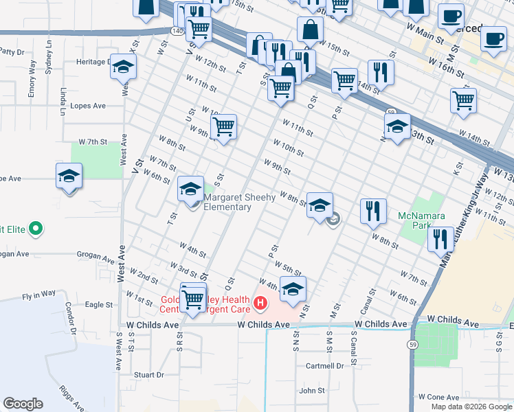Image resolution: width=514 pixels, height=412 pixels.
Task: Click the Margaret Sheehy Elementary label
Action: coord(239,202)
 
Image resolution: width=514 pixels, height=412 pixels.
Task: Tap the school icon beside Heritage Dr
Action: coord(124,67)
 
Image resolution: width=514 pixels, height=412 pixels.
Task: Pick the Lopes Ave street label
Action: coord(89,106)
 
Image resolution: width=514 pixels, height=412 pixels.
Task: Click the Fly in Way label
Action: coord(38,293)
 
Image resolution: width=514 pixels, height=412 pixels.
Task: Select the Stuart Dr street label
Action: coord(149,375)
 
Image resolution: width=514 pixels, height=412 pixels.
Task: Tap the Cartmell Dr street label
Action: coord(325,366)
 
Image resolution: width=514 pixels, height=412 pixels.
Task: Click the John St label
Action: coord(311,391)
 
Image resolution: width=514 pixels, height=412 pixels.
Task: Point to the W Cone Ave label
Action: coord(438,398)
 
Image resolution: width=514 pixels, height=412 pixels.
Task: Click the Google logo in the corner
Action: coord(23,404)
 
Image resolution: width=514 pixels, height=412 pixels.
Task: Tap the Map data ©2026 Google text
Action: coord(471,407)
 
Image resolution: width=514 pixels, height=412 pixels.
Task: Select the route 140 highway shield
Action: coord(176,31)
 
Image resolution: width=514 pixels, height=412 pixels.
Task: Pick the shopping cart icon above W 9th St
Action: coord(223,127)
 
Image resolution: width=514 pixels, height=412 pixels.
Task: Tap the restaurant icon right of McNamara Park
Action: coord(439,240)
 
